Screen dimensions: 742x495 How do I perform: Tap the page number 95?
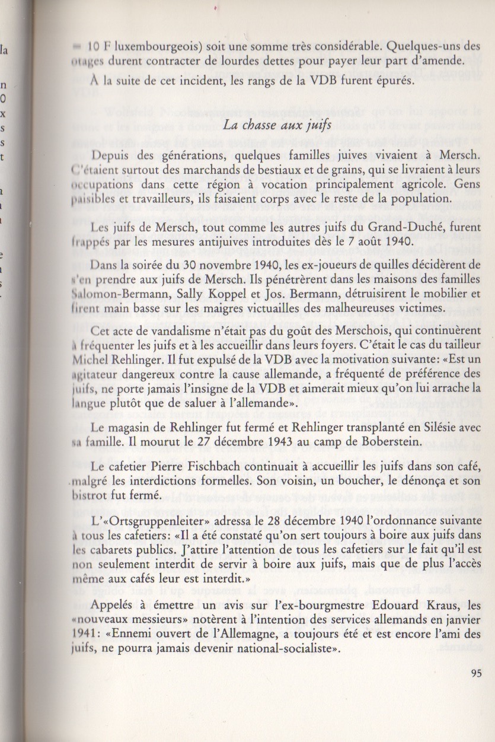476,673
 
